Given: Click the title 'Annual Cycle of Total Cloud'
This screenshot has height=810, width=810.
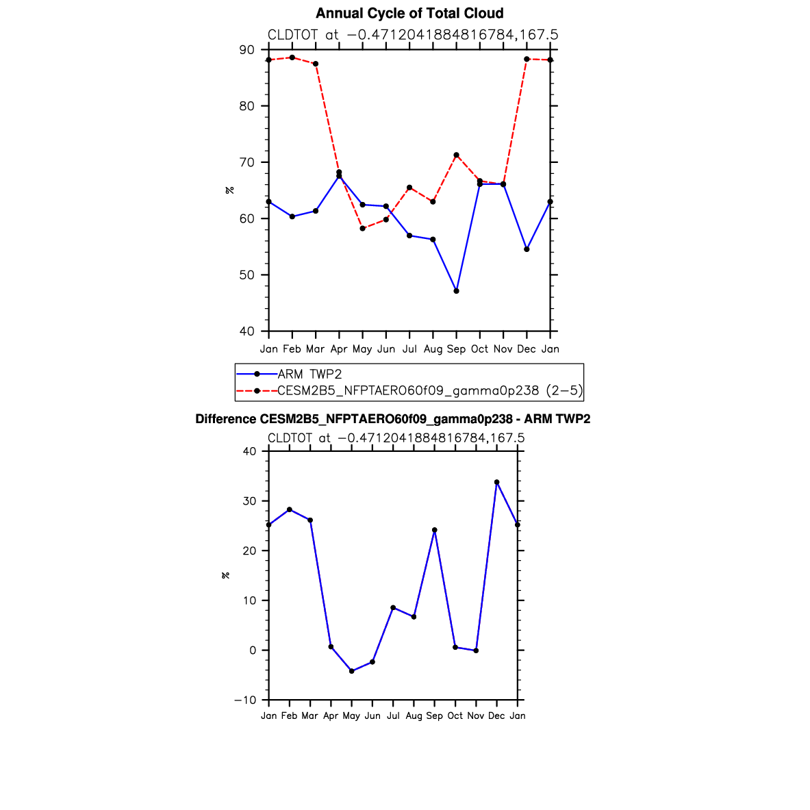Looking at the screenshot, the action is (x=409, y=13).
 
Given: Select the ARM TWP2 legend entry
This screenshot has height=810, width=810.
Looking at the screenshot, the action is (x=289, y=374).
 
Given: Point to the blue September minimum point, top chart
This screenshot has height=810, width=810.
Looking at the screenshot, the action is (x=456, y=291).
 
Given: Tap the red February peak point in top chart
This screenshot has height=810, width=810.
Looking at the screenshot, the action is (x=292, y=58).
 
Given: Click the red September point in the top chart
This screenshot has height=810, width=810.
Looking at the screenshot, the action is (x=456, y=155).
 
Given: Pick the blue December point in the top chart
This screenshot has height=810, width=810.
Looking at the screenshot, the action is (x=527, y=249).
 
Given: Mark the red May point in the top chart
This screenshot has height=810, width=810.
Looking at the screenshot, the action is (x=363, y=228).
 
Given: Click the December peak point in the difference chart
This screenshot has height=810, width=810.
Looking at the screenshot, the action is (x=497, y=482).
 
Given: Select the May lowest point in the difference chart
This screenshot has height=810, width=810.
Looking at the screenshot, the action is (x=352, y=671).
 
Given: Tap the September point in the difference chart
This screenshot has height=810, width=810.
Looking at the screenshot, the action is (x=435, y=530).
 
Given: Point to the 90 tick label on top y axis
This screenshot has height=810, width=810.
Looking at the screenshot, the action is (x=247, y=50).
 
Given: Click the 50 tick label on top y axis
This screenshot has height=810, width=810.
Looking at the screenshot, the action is (x=247, y=275).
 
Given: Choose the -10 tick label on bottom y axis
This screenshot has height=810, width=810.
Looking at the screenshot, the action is (x=245, y=700).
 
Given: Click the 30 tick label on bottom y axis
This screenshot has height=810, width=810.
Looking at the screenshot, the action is (x=249, y=501).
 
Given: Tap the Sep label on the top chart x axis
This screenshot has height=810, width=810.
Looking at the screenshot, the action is (x=456, y=349).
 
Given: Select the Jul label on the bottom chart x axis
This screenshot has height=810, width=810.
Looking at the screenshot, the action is (x=393, y=716).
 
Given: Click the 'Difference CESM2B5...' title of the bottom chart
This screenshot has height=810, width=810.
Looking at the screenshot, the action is (x=392, y=419).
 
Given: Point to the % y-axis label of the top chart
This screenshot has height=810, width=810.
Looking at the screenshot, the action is (x=230, y=190).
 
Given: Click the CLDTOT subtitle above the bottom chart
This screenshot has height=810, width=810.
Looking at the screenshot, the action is (x=396, y=438).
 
